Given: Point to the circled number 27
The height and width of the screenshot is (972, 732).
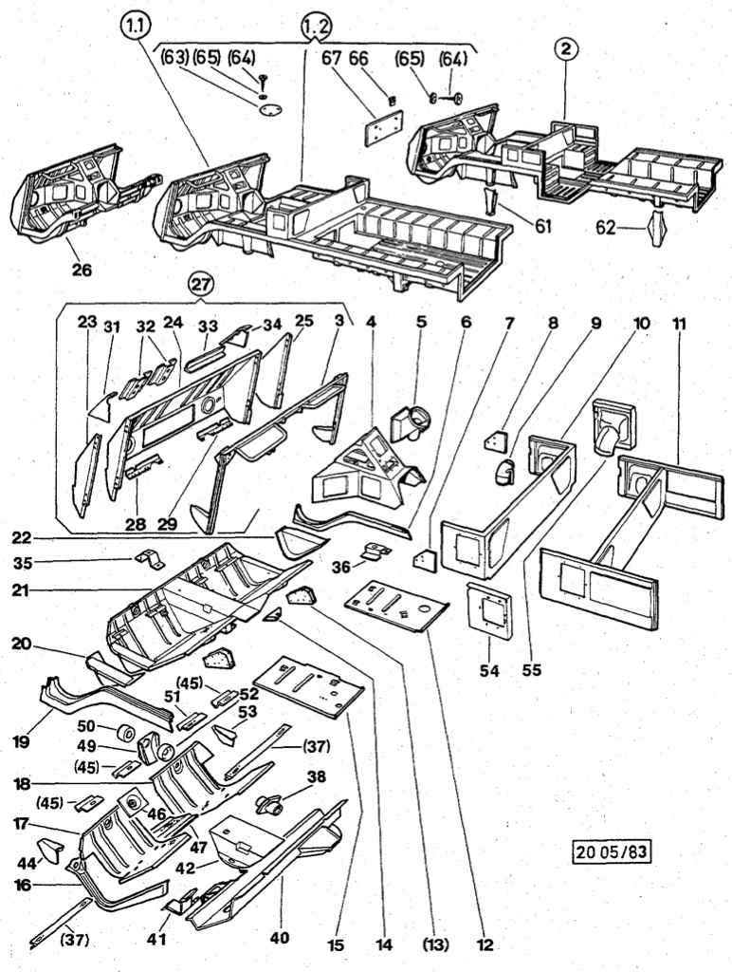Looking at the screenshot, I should [200, 283].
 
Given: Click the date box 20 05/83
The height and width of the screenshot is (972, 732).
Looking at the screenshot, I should [613, 850].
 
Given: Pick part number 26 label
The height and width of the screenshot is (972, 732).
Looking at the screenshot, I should [82, 270].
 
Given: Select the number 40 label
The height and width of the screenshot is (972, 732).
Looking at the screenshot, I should [278, 938].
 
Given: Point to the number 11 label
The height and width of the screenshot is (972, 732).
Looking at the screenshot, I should [681, 323].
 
